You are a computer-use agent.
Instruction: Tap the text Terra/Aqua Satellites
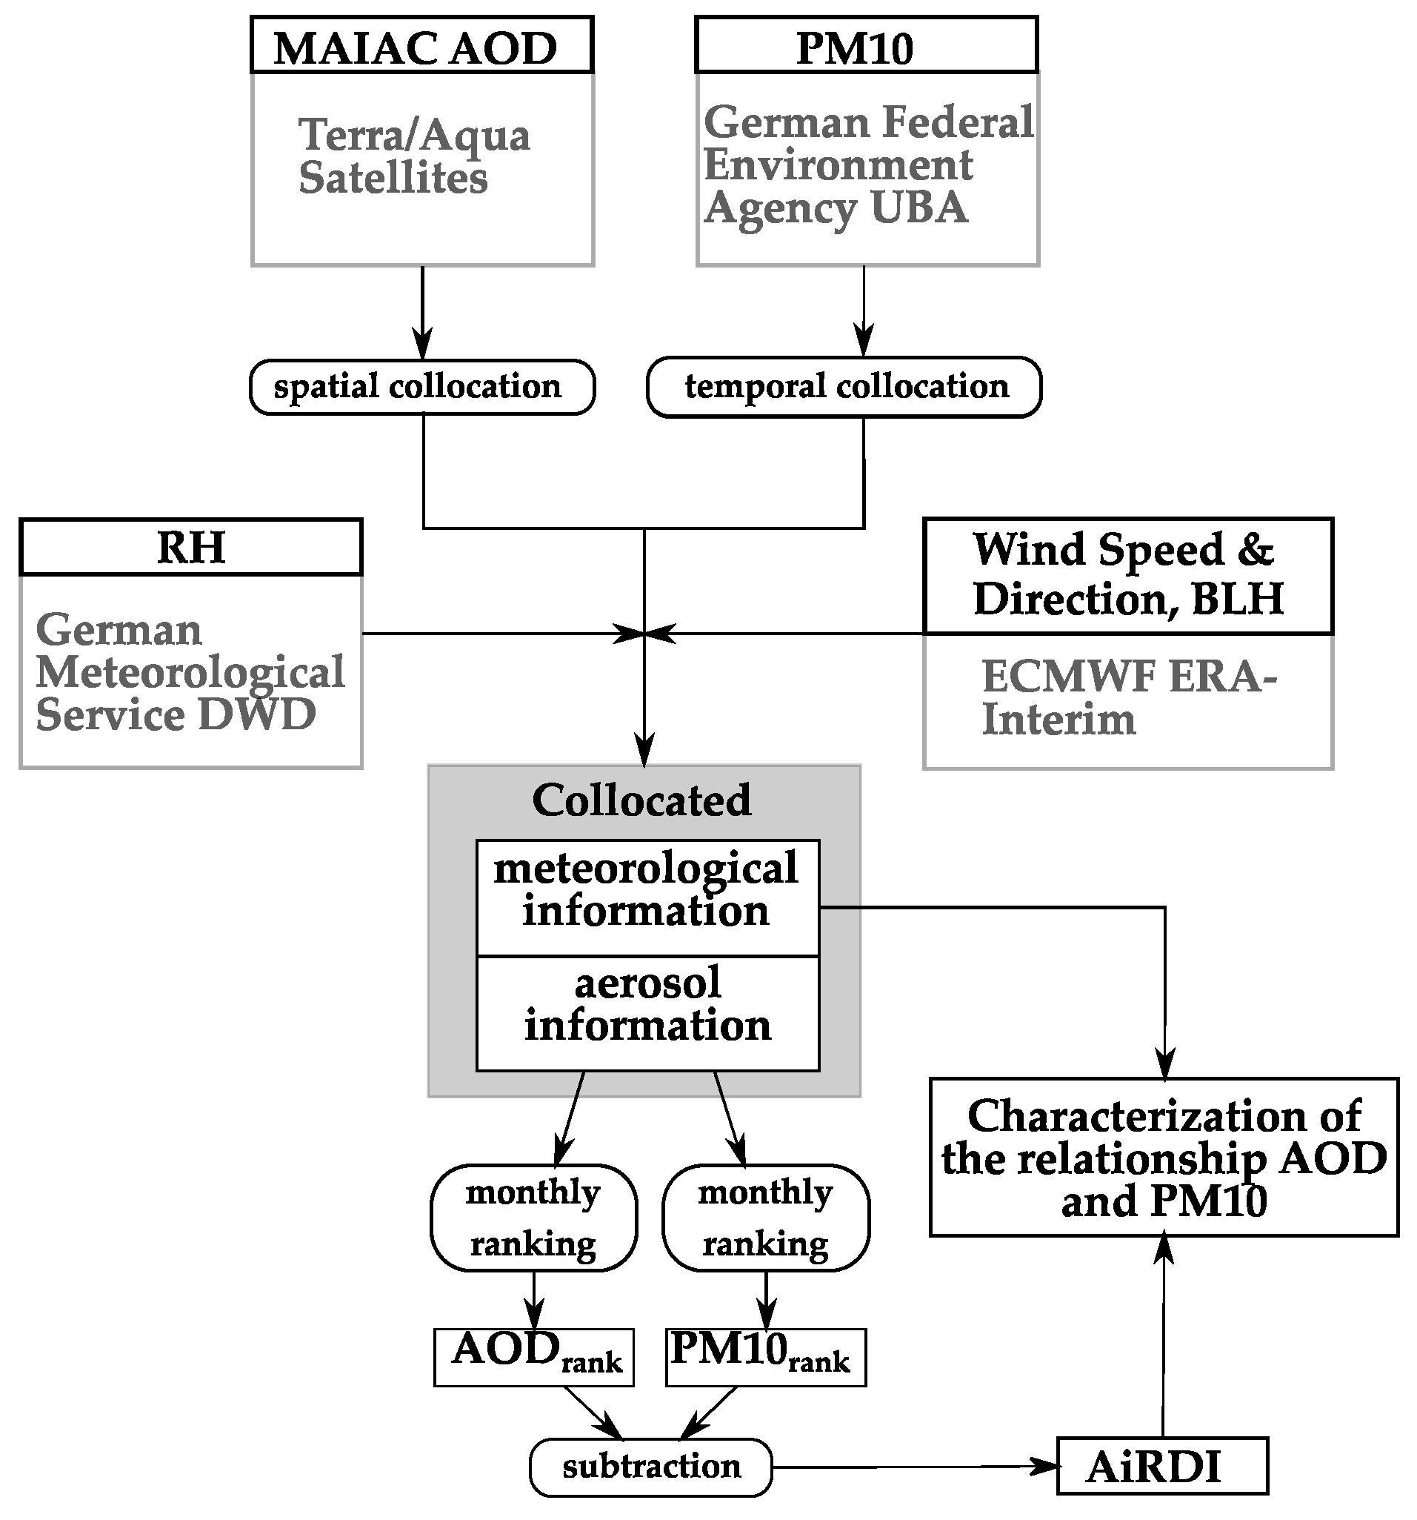coord(413,156)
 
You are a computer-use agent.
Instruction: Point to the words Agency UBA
coord(836,208)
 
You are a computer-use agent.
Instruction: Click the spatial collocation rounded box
coord(422,387)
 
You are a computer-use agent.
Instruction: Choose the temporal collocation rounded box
coord(844,387)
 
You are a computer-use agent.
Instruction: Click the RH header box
coord(190,548)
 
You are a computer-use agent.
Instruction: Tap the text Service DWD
coord(176,715)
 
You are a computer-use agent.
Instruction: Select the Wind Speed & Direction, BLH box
coord(1127,575)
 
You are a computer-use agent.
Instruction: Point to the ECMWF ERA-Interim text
coord(1127,697)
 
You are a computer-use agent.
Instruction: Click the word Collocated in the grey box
coord(642,800)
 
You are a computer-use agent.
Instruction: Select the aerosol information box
coord(647,1012)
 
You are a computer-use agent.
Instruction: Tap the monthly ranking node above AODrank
coord(533,1217)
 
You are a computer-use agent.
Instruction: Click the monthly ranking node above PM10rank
coord(766,1217)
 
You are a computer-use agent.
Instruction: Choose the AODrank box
coord(533,1356)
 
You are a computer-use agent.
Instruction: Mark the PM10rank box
coord(766,1356)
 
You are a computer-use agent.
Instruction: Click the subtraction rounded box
coord(651,1467)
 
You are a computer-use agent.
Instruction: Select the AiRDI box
coord(1161,1467)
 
